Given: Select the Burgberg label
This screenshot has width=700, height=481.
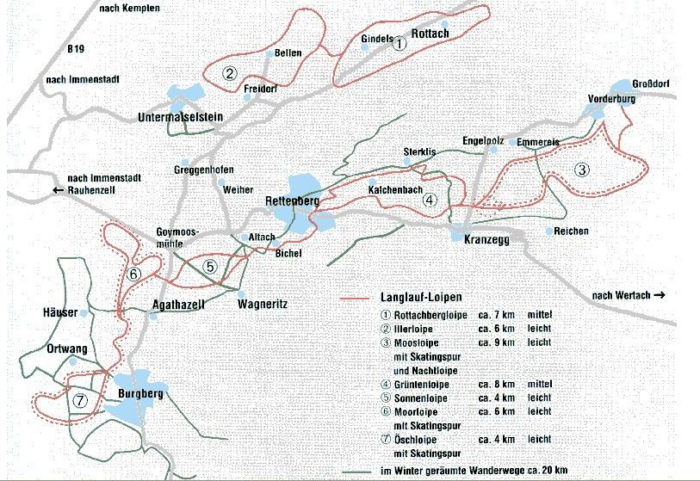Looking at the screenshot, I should point(139,393).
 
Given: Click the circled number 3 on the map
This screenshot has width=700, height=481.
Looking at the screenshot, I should point(582,170).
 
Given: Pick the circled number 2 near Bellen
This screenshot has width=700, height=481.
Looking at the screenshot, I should point(229,73).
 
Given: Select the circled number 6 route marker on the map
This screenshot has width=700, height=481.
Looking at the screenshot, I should point(133,274).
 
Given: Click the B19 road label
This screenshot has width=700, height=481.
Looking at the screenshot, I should point(77,50).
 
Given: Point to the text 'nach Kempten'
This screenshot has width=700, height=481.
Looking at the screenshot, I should point(131,7).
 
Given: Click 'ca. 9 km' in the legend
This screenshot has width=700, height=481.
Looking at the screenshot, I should point(497,342).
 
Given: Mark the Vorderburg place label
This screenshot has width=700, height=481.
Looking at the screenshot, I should point(612,99).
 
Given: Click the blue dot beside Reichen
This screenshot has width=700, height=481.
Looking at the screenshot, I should point(548,231).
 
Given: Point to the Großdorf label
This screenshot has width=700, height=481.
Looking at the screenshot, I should point(651,83).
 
